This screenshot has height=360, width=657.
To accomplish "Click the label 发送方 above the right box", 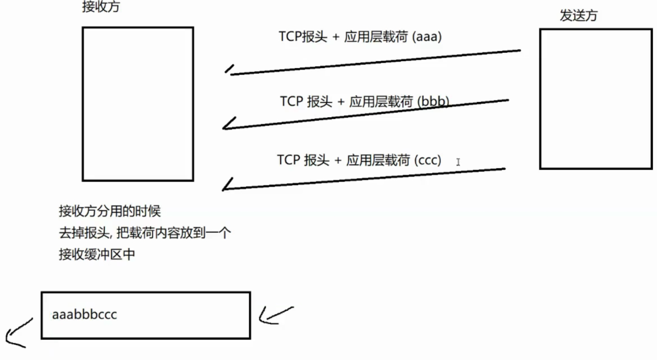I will click(x=578, y=16).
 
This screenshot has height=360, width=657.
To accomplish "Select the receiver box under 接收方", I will click(x=138, y=104).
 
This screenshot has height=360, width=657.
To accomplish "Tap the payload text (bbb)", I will click(x=434, y=101).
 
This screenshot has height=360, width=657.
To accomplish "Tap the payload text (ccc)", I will click(x=427, y=160).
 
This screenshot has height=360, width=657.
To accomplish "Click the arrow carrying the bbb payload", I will click(x=366, y=114).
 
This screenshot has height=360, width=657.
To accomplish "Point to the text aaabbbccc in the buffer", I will click(x=84, y=314).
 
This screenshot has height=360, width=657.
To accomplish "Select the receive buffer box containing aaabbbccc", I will click(x=145, y=315).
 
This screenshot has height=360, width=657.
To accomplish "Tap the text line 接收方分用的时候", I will click(x=109, y=211).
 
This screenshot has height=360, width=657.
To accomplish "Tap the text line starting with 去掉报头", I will click(x=144, y=233).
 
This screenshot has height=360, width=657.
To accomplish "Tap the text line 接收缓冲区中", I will click(x=97, y=255).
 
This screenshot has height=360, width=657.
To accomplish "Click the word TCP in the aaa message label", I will click(x=289, y=37).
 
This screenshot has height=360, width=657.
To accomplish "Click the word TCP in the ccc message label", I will click(x=288, y=160).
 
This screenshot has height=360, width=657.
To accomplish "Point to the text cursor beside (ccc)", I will click(x=458, y=162).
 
